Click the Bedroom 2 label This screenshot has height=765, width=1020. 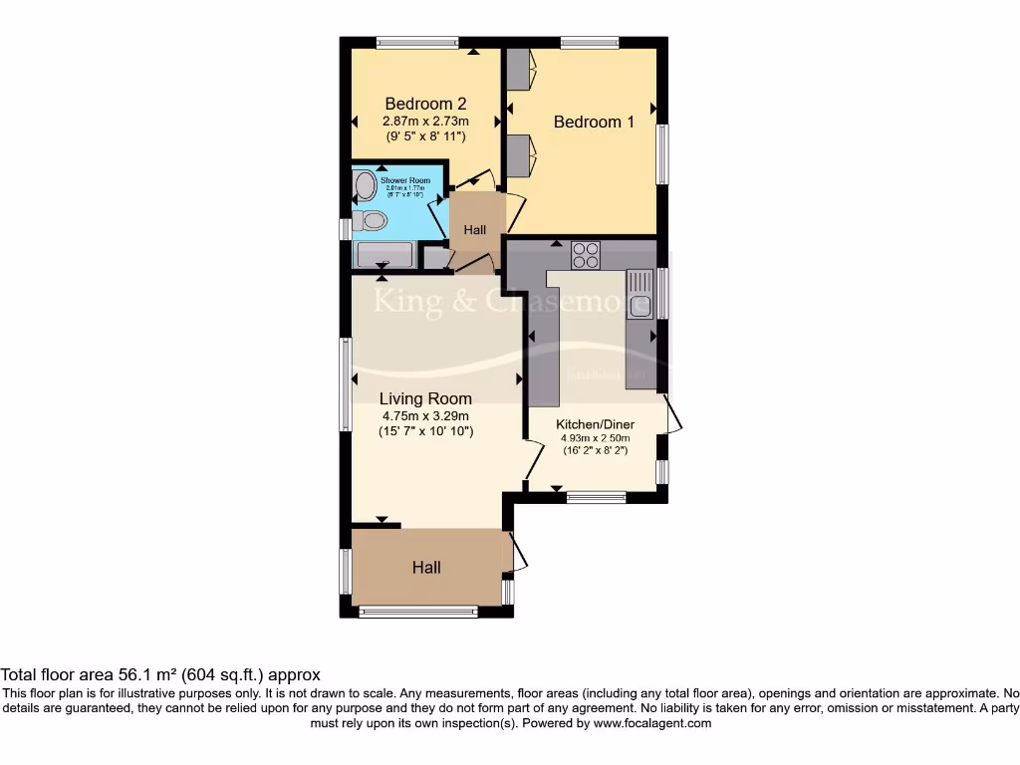[425, 104]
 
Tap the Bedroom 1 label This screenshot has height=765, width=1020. [594, 122]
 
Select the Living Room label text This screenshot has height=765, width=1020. [425, 398]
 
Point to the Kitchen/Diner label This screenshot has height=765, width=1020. [595, 424]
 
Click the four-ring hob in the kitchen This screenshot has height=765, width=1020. [585, 256]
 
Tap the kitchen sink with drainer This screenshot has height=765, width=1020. [638, 294]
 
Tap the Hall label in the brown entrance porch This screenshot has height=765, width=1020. [426, 568]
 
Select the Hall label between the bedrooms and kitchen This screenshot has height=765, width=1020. [475, 230]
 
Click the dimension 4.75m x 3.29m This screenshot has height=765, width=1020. [425, 416]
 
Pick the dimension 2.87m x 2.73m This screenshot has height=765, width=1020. [425, 121]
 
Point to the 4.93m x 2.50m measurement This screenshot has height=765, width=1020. [595, 437]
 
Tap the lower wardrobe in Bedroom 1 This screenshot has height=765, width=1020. [517, 154]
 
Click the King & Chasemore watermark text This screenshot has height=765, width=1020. [498, 303]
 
